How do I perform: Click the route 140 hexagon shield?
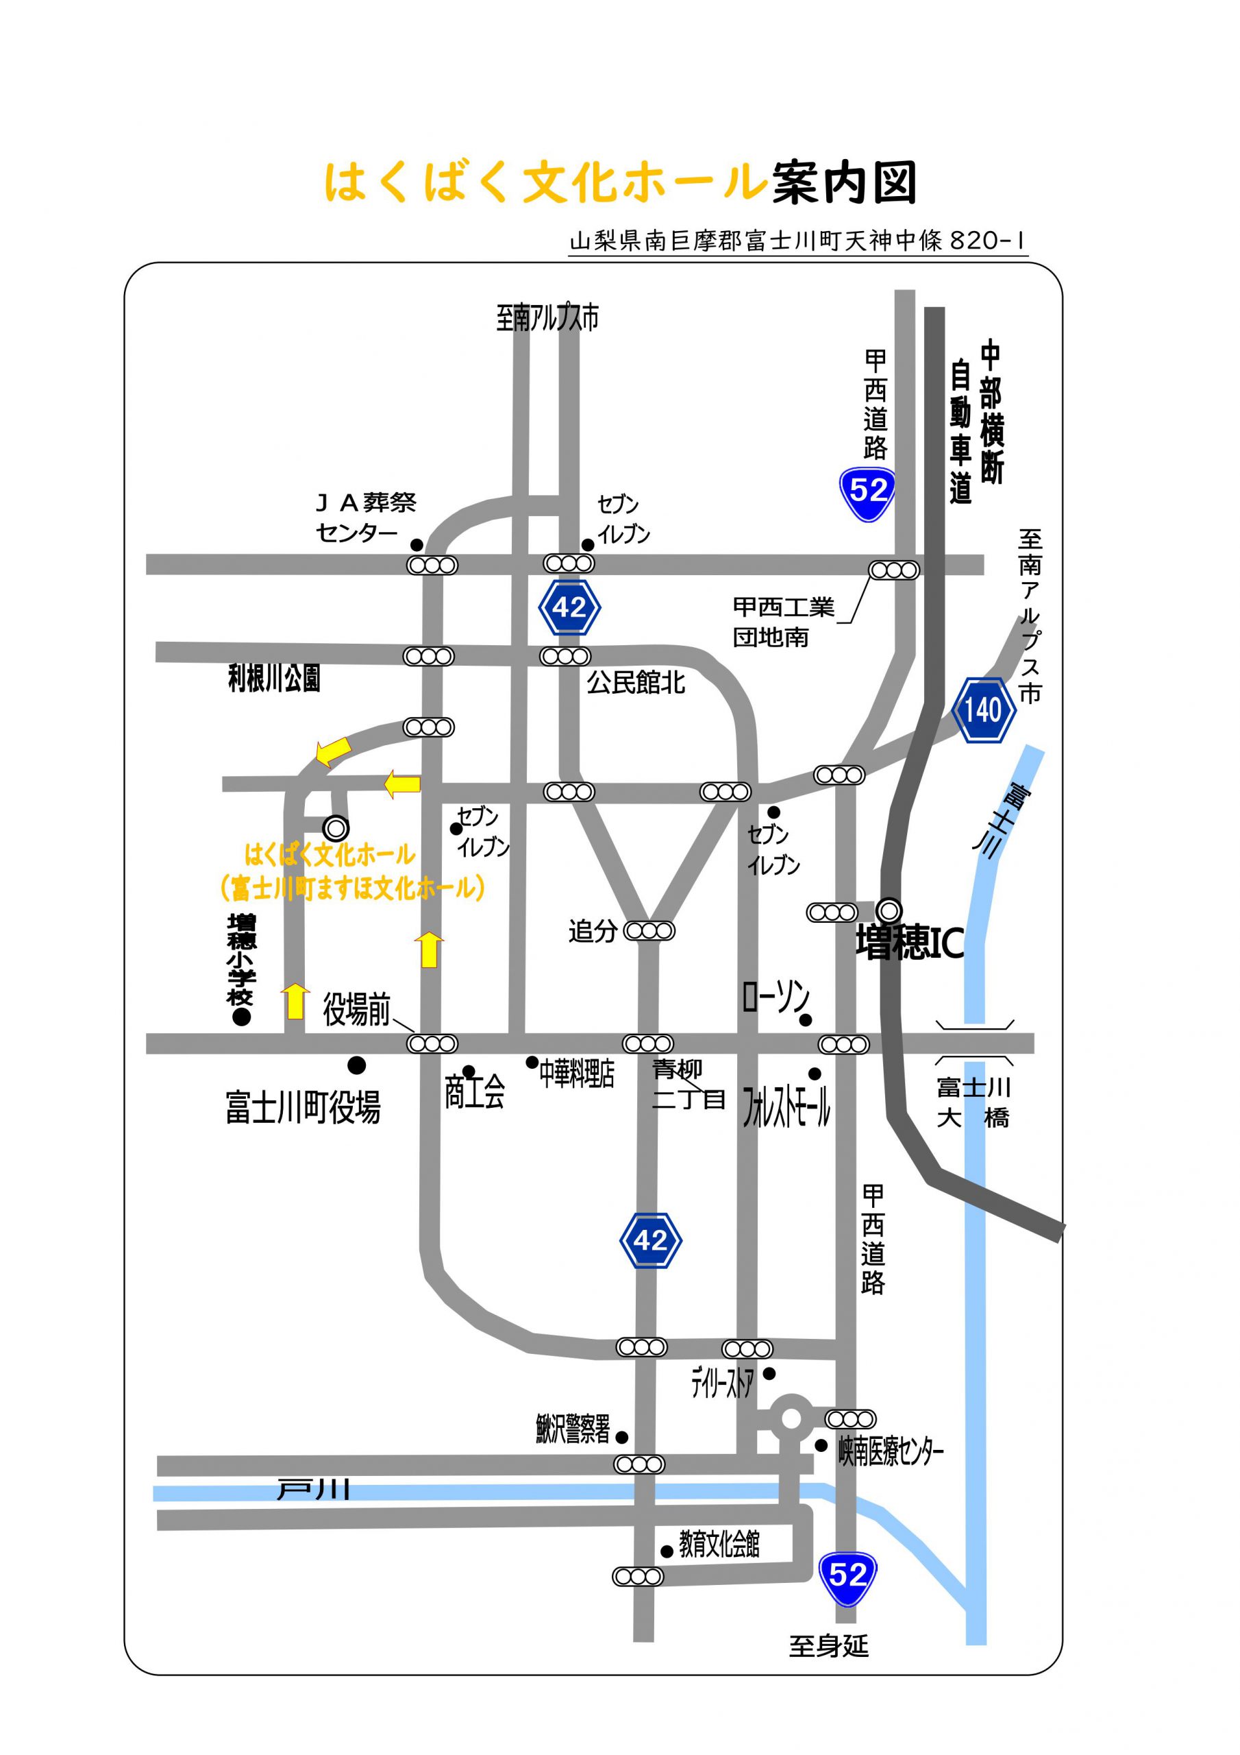[983, 710]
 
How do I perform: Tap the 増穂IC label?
[909, 943]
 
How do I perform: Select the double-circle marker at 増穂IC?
[889, 910]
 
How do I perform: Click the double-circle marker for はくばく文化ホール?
[336, 828]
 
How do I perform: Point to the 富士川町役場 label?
[303, 1108]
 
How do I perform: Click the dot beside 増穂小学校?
[241, 1017]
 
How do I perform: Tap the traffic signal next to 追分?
[649, 931]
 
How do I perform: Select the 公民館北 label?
[636, 682]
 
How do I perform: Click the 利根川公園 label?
[273, 678]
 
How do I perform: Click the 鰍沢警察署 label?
[573, 1429]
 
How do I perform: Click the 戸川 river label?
[313, 1488]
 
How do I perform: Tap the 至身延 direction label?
[829, 1646]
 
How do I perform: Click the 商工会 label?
[475, 1092]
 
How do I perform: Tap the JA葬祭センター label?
[366, 517]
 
